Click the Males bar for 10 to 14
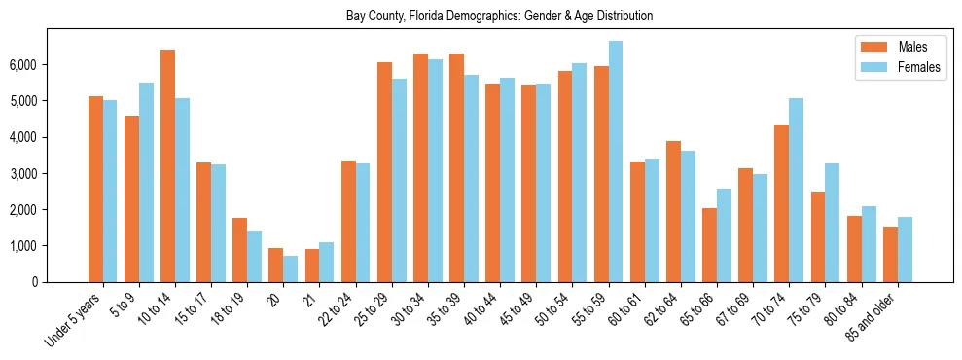click(x=168, y=165)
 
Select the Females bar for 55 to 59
click(x=616, y=162)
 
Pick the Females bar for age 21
click(x=327, y=262)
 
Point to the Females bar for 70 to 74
click(x=796, y=190)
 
